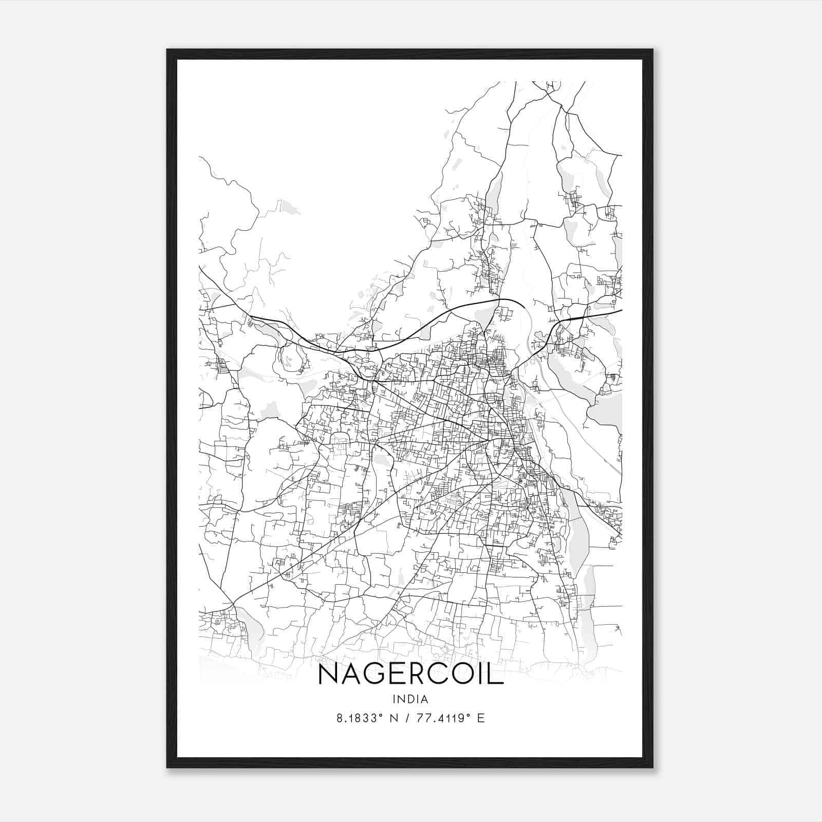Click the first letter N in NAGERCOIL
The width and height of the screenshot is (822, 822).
pos(329,674)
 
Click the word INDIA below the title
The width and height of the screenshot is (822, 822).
pos(410,699)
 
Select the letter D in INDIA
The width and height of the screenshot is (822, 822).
pos(410,699)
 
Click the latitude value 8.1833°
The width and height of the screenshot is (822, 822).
pos(360,718)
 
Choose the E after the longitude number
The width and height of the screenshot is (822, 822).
pos(481,718)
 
